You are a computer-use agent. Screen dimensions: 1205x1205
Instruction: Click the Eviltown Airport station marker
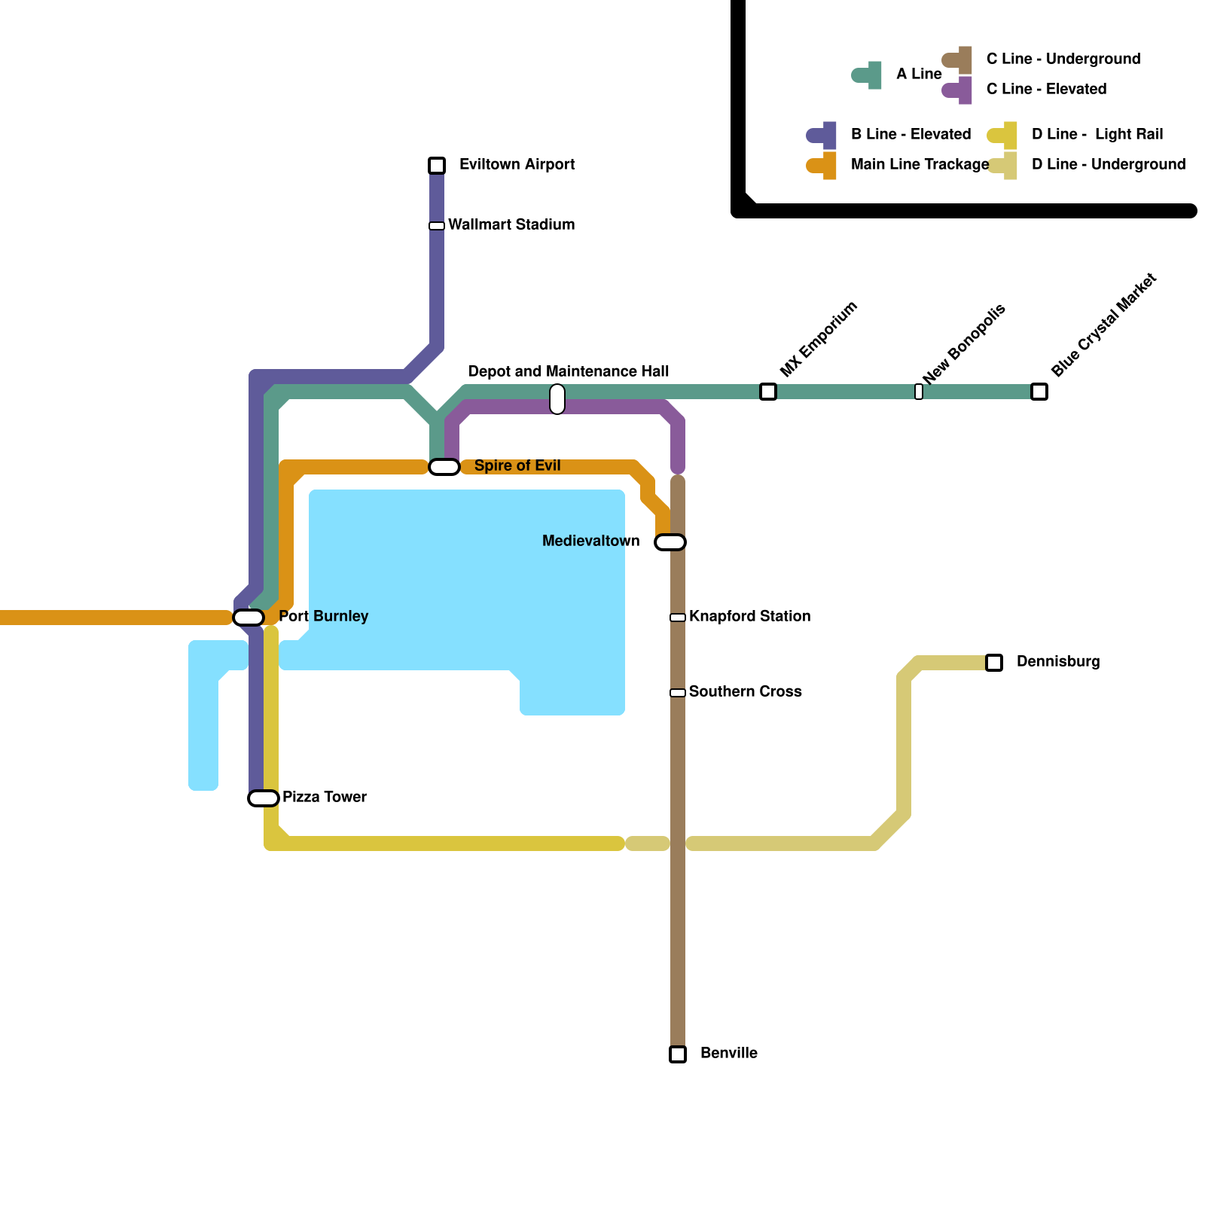[x=437, y=166]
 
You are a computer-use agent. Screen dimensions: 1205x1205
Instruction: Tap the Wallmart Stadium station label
[x=511, y=224]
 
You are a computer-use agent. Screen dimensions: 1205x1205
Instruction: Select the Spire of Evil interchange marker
[x=444, y=467]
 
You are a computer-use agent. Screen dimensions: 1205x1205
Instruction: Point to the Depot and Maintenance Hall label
[x=569, y=371]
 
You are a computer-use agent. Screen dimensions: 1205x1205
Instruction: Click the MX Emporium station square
[x=768, y=392]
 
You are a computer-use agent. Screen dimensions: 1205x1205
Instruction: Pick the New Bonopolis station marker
[x=919, y=392]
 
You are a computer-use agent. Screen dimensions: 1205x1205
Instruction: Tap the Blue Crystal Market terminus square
[x=1039, y=392]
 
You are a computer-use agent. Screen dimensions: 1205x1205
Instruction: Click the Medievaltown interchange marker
[x=670, y=542]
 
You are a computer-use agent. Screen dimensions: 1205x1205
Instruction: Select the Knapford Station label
[x=749, y=616]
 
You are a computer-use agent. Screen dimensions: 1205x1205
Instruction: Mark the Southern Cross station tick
[x=678, y=693]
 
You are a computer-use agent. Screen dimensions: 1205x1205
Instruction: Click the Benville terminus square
[x=678, y=1054]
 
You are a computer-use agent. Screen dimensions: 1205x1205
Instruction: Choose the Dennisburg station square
[x=994, y=663]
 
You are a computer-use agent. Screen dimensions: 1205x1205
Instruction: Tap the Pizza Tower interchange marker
[x=264, y=798]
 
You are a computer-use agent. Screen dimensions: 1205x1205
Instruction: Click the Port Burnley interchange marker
[x=249, y=618]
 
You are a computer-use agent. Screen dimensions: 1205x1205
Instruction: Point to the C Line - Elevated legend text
[x=1046, y=89]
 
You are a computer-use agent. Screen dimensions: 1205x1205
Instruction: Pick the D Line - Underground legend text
[x=1108, y=164]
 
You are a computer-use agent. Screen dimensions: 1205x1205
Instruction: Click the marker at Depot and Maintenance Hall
[x=557, y=399]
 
